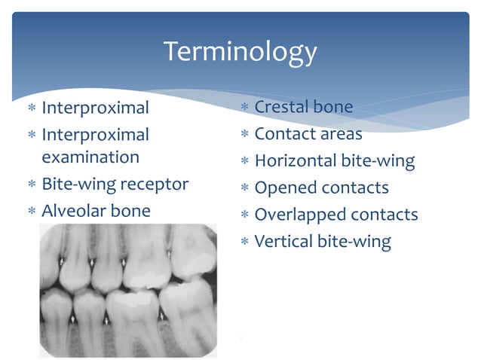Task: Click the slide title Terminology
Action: (x=240, y=52)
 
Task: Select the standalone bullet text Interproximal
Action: (x=95, y=108)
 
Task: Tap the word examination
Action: (x=90, y=157)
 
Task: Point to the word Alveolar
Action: (x=73, y=211)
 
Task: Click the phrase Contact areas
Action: (x=308, y=134)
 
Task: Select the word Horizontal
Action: (x=298, y=160)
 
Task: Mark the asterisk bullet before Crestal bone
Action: (x=244, y=108)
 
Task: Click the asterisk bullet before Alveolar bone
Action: (x=31, y=212)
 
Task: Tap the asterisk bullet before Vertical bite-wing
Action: (x=244, y=243)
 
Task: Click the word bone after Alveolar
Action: (x=130, y=211)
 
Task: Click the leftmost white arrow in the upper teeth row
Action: (x=60, y=261)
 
